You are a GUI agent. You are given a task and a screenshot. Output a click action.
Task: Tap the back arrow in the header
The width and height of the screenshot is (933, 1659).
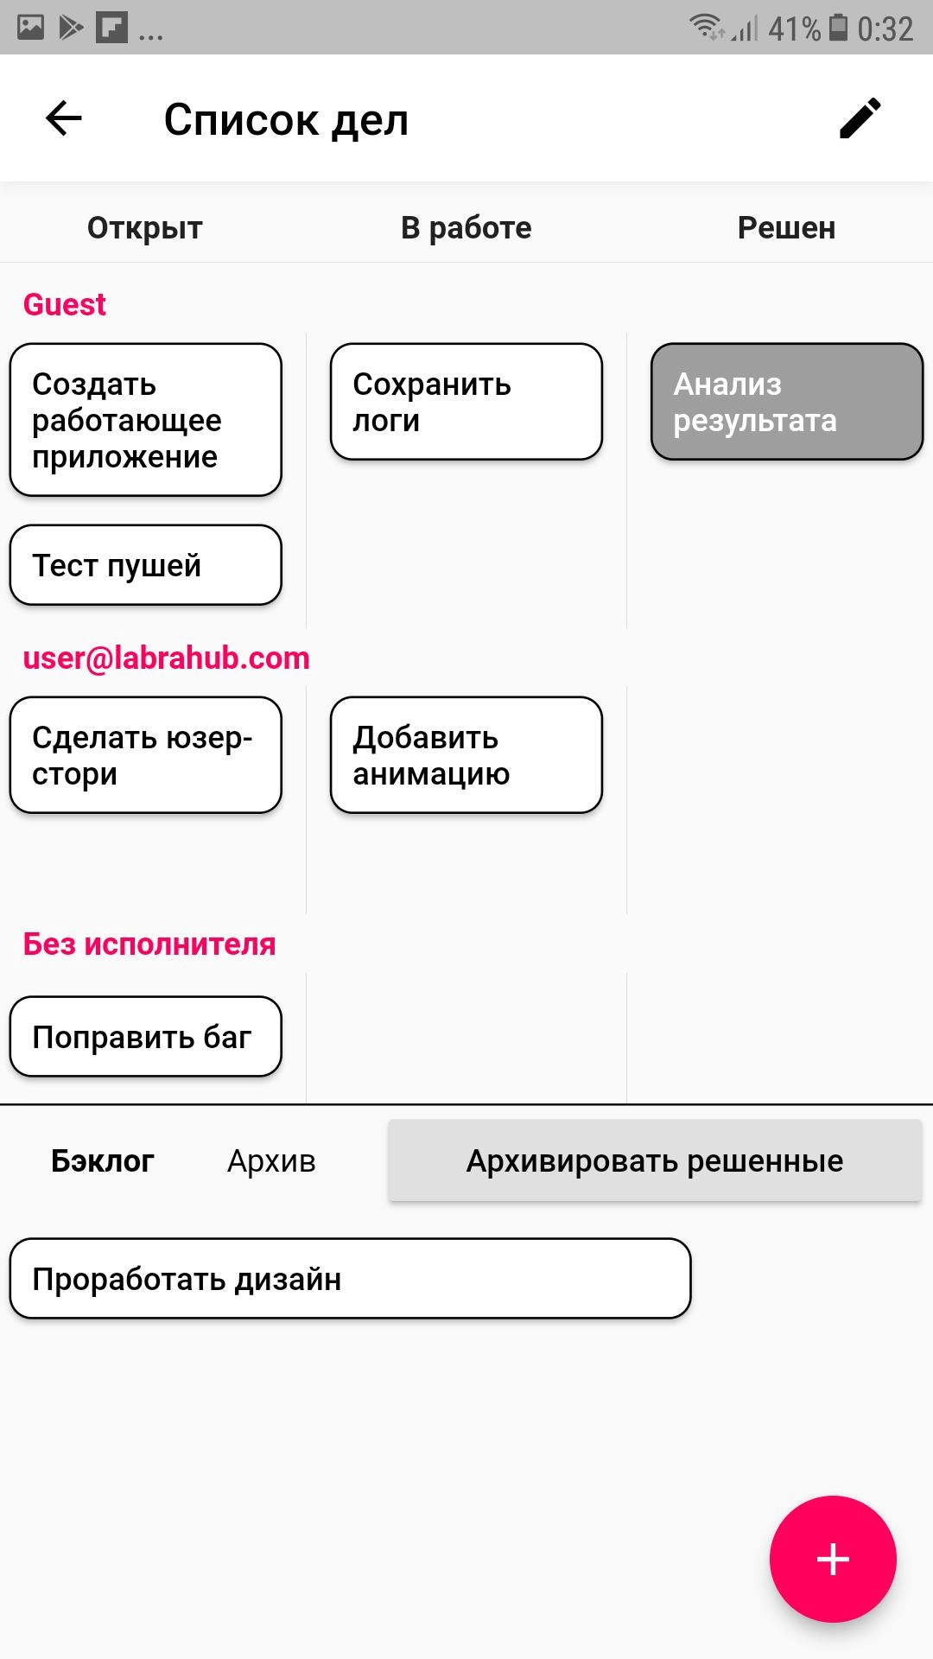pos(64,118)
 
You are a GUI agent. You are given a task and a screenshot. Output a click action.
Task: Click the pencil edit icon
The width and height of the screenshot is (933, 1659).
pos(860,118)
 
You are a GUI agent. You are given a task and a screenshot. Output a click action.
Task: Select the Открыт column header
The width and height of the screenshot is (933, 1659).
pos(145,228)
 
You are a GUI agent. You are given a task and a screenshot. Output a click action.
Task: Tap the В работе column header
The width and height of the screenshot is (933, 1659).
pos(466,228)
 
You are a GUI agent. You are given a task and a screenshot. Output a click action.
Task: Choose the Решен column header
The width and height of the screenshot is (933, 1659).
pos(786,228)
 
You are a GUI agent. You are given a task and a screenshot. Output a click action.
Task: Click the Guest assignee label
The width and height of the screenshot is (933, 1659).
pos(65,304)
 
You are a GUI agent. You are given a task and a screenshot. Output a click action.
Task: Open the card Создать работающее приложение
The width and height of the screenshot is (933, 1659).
pos(145,420)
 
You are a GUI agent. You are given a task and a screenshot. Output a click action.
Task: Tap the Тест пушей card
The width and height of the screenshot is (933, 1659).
pos(145,565)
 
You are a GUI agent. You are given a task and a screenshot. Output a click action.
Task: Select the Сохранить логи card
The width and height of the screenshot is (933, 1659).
pos(466,402)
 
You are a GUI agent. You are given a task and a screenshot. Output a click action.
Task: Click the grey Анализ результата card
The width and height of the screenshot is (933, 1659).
pos(786,402)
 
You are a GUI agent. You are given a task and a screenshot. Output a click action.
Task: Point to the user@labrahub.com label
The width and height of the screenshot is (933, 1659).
pos(166,658)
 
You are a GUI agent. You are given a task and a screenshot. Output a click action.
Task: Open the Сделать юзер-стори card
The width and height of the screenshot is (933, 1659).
pos(145,755)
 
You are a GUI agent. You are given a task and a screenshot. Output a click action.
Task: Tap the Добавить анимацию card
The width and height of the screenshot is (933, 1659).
pos(466,755)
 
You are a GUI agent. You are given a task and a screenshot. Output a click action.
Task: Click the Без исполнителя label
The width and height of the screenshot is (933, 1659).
pos(149,944)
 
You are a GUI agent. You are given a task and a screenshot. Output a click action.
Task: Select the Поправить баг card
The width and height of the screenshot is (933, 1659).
pos(145,1037)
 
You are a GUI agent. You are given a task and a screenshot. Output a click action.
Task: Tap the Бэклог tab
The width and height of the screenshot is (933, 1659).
pos(103,1161)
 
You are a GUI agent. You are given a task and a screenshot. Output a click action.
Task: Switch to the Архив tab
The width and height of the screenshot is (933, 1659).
pos(271,1161)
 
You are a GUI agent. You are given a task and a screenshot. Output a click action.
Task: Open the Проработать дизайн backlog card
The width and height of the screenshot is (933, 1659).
pos(350,1279)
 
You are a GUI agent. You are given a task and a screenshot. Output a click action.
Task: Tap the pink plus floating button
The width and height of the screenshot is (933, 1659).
pos(833,1559)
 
